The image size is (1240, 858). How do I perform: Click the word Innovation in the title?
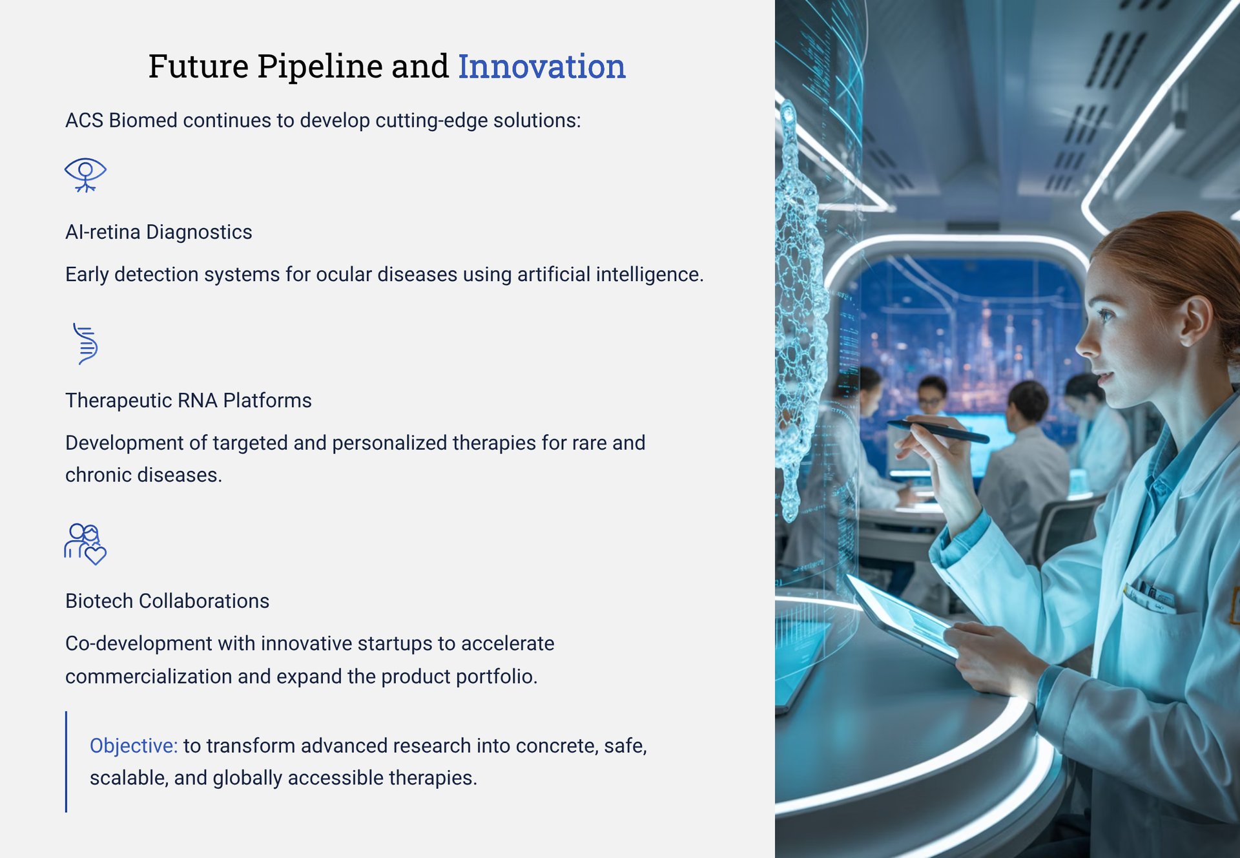[542, 67]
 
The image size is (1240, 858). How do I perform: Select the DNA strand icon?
[85, 344]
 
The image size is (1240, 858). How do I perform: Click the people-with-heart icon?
[85, 544]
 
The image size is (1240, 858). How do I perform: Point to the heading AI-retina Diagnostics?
[159, 232]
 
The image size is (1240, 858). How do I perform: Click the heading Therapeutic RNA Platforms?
[189, 401]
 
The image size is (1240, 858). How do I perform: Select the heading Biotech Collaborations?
[167, 601]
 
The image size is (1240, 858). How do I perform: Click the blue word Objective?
[134, 746]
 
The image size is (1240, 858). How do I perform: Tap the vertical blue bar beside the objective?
[66, 762]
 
